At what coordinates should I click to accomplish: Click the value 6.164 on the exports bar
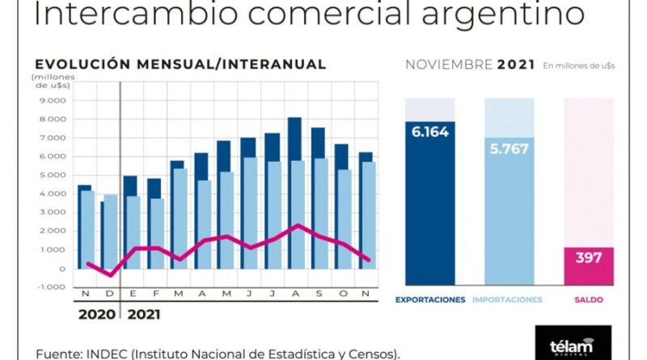430,133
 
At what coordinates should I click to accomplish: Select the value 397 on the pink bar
589,259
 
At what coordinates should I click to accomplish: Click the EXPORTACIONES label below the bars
430,300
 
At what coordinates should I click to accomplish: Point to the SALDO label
589,300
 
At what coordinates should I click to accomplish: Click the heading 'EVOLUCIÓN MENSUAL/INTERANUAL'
180,65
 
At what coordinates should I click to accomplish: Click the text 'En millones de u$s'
577,66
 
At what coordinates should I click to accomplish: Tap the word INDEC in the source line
95,354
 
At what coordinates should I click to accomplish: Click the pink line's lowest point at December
111,275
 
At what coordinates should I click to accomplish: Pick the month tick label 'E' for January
132,294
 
